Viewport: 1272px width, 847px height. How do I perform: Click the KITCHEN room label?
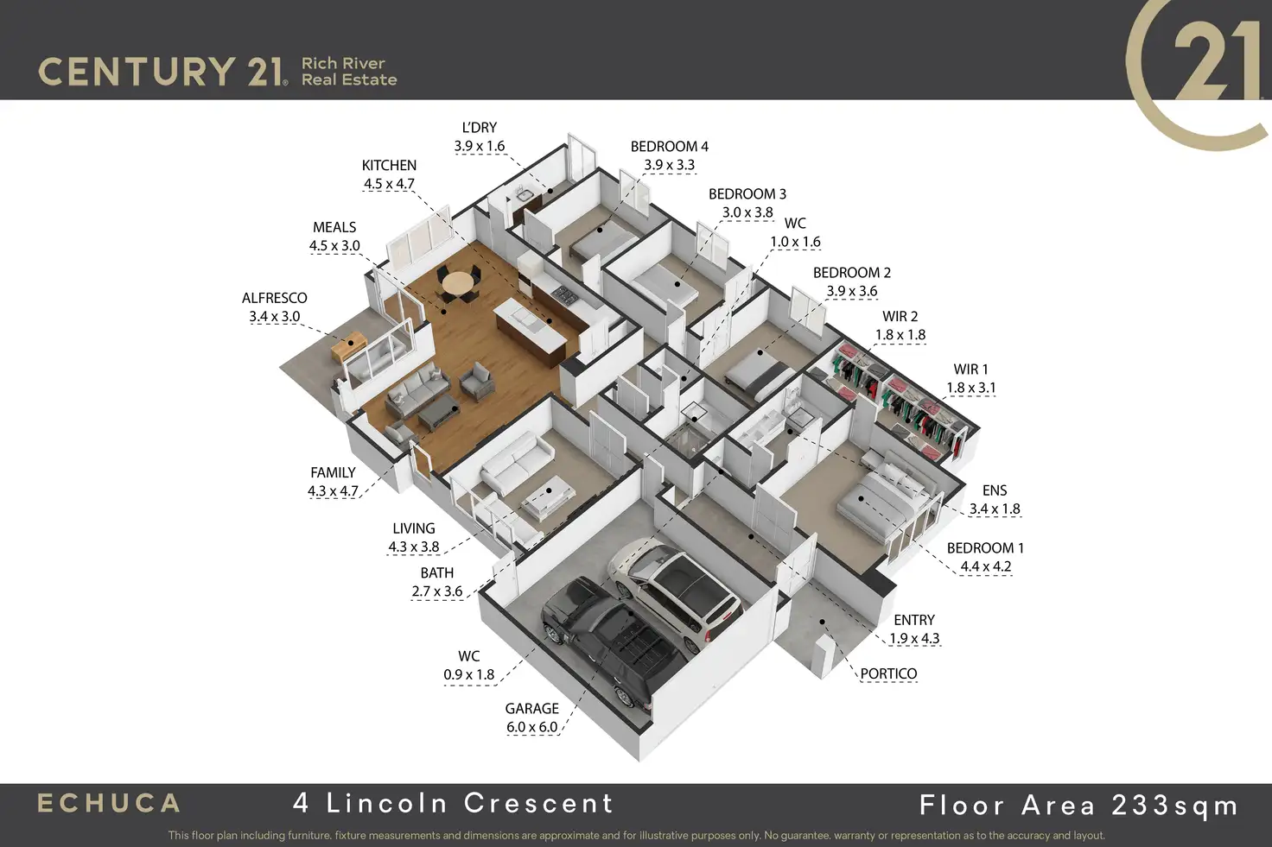click(x=389, y=165)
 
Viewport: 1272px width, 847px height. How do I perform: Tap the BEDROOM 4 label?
click(x=669, y=147)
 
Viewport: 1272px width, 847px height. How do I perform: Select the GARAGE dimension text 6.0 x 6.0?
click(x=532, y=727)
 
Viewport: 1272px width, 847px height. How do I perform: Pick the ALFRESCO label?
click(x=274, y=298)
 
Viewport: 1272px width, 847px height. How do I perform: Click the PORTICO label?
click(x=888, y=673)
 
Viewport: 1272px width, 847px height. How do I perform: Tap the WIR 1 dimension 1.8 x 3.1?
click(x=971, y=388)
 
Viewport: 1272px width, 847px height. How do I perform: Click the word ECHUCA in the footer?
click(x=109, y=804)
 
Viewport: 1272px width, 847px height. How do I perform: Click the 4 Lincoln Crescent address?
click(x=453, y=803)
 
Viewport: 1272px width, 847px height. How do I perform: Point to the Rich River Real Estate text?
click(x=348, y=72)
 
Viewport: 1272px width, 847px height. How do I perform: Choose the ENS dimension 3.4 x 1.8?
click(x=995, y=509)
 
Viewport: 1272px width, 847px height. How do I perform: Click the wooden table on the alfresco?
click(x=351, y=348)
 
